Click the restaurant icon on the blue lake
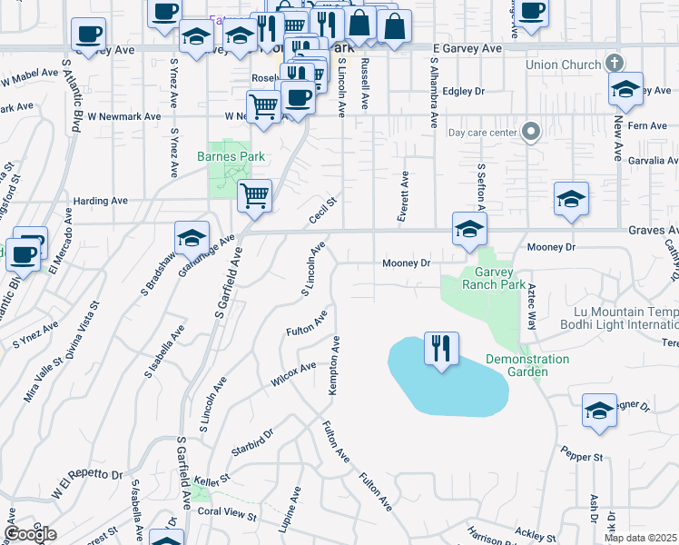click(441, 349)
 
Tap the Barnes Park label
click(231, 156)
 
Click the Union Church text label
click(563, 65)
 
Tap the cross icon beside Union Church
click(615, 64)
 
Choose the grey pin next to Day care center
click(532, 133)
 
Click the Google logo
click(30, 534)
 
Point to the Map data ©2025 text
click(641, 538)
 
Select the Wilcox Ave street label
click(292, 374)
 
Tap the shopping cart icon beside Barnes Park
click(255, 194)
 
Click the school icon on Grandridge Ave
click(192, 237)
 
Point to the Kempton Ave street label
click(334, 364)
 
